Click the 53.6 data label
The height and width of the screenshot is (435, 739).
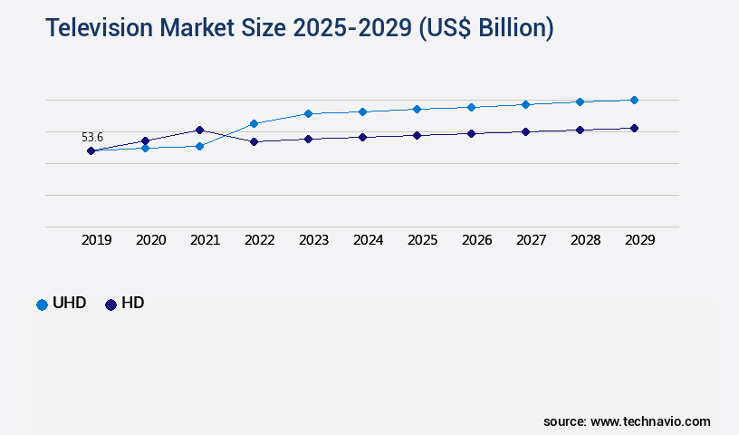(92, 138)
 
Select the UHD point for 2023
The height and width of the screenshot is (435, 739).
(308, 113)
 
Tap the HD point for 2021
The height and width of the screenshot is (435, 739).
(199, 130)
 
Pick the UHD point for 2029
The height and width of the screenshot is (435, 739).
(634, 100)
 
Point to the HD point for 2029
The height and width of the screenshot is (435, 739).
(634, 129)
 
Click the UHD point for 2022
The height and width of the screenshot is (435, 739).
(254, 123)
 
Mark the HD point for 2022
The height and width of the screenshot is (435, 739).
(254, 142)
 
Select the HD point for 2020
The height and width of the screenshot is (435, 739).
(145, 140)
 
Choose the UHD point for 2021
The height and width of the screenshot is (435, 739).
(199, 146)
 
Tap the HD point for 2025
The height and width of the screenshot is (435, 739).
(417, 135)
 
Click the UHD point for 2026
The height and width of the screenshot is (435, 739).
(471, 107)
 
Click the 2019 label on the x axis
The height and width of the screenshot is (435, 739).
(97, 240)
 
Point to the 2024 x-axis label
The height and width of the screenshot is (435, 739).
(369, 240)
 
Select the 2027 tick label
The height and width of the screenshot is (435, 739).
(532, 240)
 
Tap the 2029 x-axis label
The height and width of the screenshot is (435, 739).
(640, 240)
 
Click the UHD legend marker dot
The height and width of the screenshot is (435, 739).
(42, 304)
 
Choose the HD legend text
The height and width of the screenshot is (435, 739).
(132, 304)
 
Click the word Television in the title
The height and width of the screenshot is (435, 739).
(101, 28)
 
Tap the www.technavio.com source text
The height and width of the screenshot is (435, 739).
(650, 421)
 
